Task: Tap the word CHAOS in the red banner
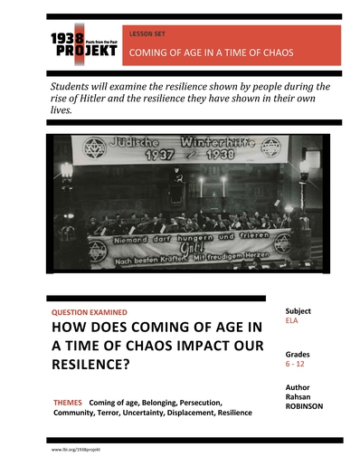point(272,52)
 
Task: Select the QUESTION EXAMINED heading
point(90,312)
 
